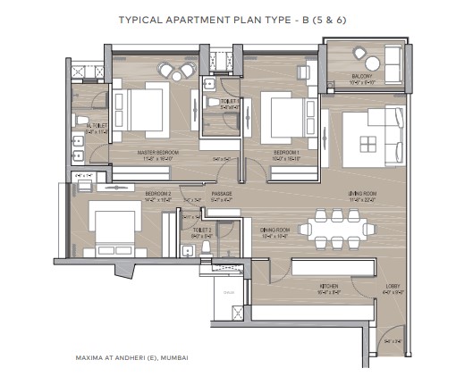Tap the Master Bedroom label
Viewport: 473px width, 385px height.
pos(157,153)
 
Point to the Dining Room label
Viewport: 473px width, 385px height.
pos(275,230)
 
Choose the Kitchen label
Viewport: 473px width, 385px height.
pos(329,288)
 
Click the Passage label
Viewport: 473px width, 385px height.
pos(222,193)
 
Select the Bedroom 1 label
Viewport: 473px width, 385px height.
pos(285,153)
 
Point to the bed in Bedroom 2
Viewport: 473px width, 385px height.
pos(114,226)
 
